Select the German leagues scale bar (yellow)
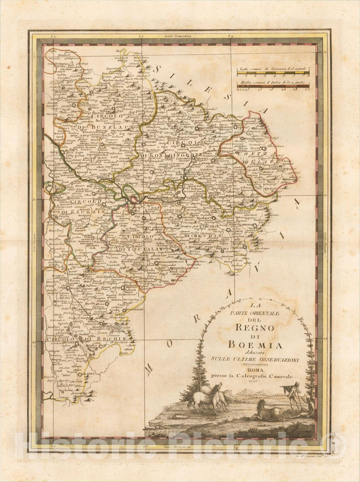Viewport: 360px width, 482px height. pos(273,73)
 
